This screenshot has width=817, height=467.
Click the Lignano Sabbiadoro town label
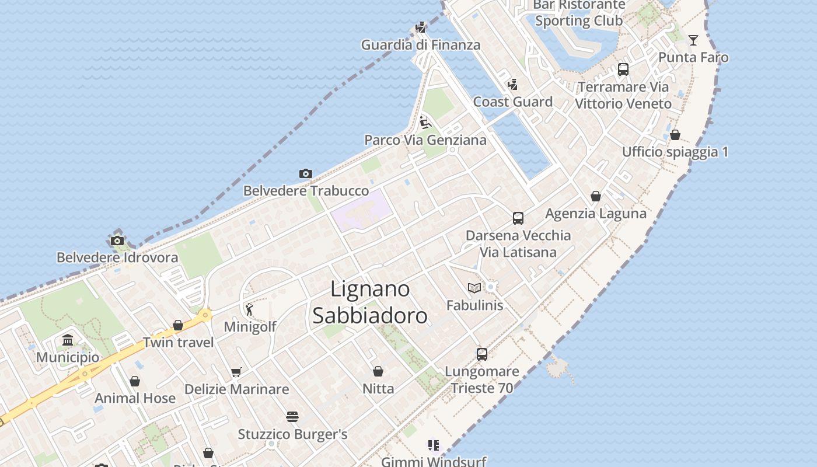[x=370, y=302]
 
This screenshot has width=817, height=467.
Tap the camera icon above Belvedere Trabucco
[x=305, y=173]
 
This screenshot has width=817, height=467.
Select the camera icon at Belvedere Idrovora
[x=117, y=241]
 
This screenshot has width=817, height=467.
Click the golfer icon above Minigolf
[x=250, y=309]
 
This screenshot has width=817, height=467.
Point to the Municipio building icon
[x=68, y=340]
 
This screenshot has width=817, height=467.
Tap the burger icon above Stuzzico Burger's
[x=292, y=417]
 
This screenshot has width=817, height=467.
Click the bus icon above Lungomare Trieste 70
[x=482, y=354]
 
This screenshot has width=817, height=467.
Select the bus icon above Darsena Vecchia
[x=518, y=218]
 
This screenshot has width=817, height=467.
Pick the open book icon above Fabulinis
[x=474, y=288]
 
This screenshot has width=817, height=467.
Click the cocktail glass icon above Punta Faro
[x=693, y=40]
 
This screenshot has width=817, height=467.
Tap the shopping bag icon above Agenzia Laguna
[x=596, y=196]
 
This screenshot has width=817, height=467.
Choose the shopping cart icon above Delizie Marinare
[x=236, y=372]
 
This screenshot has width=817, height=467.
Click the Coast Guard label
[x=513, y=102]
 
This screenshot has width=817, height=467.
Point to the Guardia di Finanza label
[x=421, y=45]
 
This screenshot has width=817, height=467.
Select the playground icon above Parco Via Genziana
[x=425, y=123]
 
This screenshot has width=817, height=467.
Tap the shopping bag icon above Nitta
[x=378, y=371]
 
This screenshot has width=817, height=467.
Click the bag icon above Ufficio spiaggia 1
[x=675, y=135]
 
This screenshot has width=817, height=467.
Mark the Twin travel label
[x=179, y=342]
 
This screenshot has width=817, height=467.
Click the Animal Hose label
[x=135, y=398]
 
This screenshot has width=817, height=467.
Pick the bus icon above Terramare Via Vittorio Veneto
[x=623, y=69]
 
